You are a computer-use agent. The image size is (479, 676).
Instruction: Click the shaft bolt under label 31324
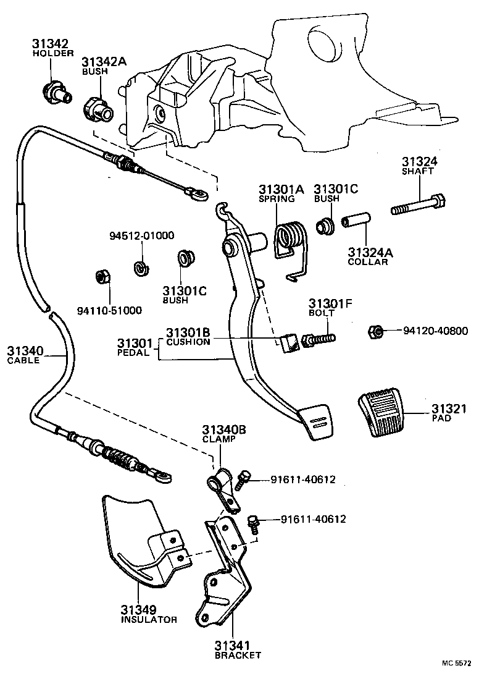point(417,205)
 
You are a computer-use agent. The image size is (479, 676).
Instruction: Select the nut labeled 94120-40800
point(374,332)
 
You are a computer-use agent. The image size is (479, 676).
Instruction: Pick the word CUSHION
point(189,342)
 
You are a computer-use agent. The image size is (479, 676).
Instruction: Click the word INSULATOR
point(149,619)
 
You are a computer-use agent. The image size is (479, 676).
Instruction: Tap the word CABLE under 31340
point(23,360)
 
